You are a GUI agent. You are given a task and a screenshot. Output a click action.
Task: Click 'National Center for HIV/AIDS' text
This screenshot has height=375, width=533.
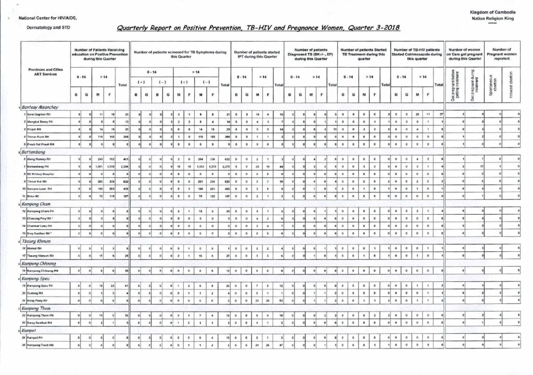point(47,18)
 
